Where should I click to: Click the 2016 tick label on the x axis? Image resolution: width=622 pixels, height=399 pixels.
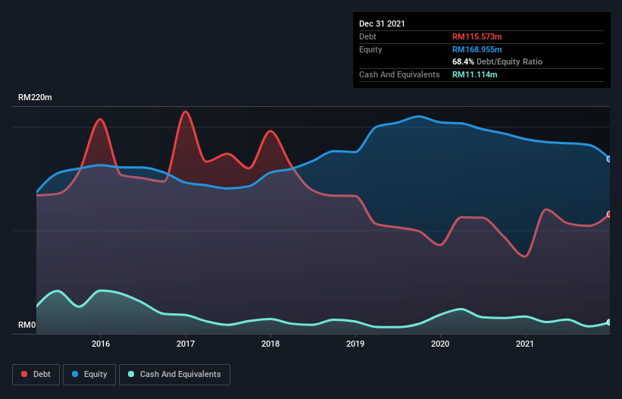101,344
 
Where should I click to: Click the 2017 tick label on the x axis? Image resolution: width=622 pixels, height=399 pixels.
186,344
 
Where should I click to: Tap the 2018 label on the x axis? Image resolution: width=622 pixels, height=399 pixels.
270,344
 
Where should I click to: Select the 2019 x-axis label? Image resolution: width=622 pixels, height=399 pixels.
355,344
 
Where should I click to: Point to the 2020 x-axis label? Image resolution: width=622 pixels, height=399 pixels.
440,344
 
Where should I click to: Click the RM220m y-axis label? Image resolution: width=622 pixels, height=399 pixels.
35,98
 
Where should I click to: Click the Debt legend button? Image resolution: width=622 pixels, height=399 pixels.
35,374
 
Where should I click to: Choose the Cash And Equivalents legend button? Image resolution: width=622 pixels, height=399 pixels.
174,374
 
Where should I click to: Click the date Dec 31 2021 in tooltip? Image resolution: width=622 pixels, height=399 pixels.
382,24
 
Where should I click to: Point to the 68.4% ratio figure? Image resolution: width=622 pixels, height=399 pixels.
463,61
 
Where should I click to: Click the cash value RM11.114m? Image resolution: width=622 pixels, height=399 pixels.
475,74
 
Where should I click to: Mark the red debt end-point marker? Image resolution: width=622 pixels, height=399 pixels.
609,215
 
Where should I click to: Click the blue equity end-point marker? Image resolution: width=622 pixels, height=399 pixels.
609,159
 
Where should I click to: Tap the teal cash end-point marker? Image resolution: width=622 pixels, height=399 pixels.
609,322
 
